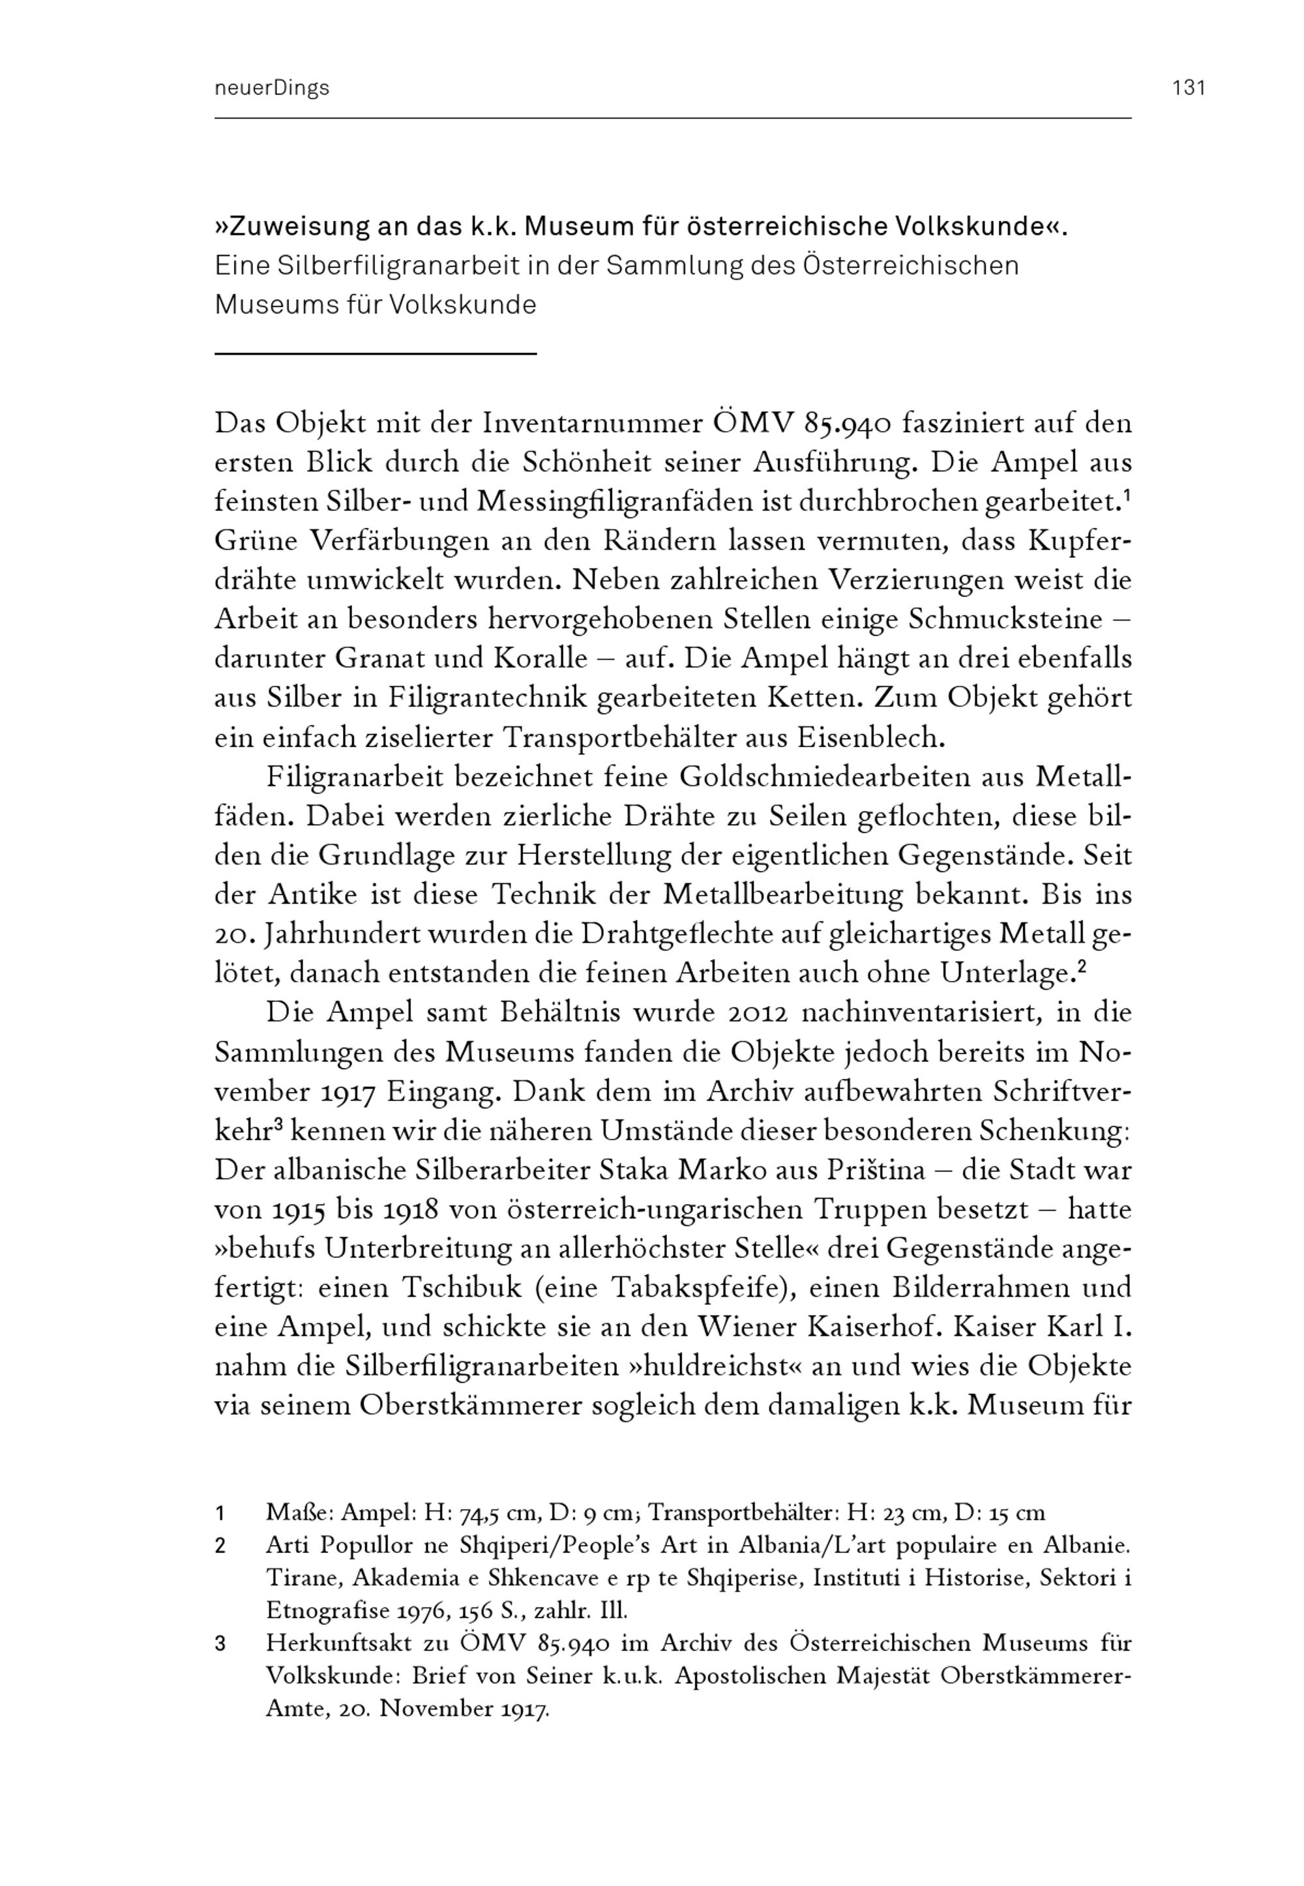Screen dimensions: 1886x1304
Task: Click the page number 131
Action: tap(1189, 88)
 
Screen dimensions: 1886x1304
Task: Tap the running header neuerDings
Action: tap(271, 88)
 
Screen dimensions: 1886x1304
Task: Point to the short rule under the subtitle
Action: tap(375, 353)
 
